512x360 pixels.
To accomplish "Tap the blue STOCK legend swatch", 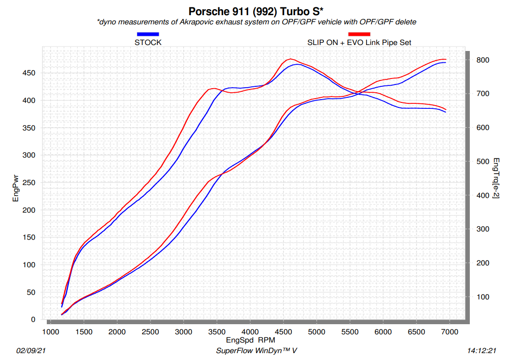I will point(148,34).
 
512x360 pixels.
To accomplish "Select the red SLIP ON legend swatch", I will point(359,34).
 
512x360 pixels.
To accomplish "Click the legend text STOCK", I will point(148,42).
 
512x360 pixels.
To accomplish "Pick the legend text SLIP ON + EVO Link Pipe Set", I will point(359,42).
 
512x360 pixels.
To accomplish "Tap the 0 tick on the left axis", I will point(33,320).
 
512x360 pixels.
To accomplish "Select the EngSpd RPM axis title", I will point(250,341).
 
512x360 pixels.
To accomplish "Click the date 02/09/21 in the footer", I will point(31,351).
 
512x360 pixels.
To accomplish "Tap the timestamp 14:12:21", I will point(481,351).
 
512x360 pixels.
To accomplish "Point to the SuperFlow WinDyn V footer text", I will point(256,351).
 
